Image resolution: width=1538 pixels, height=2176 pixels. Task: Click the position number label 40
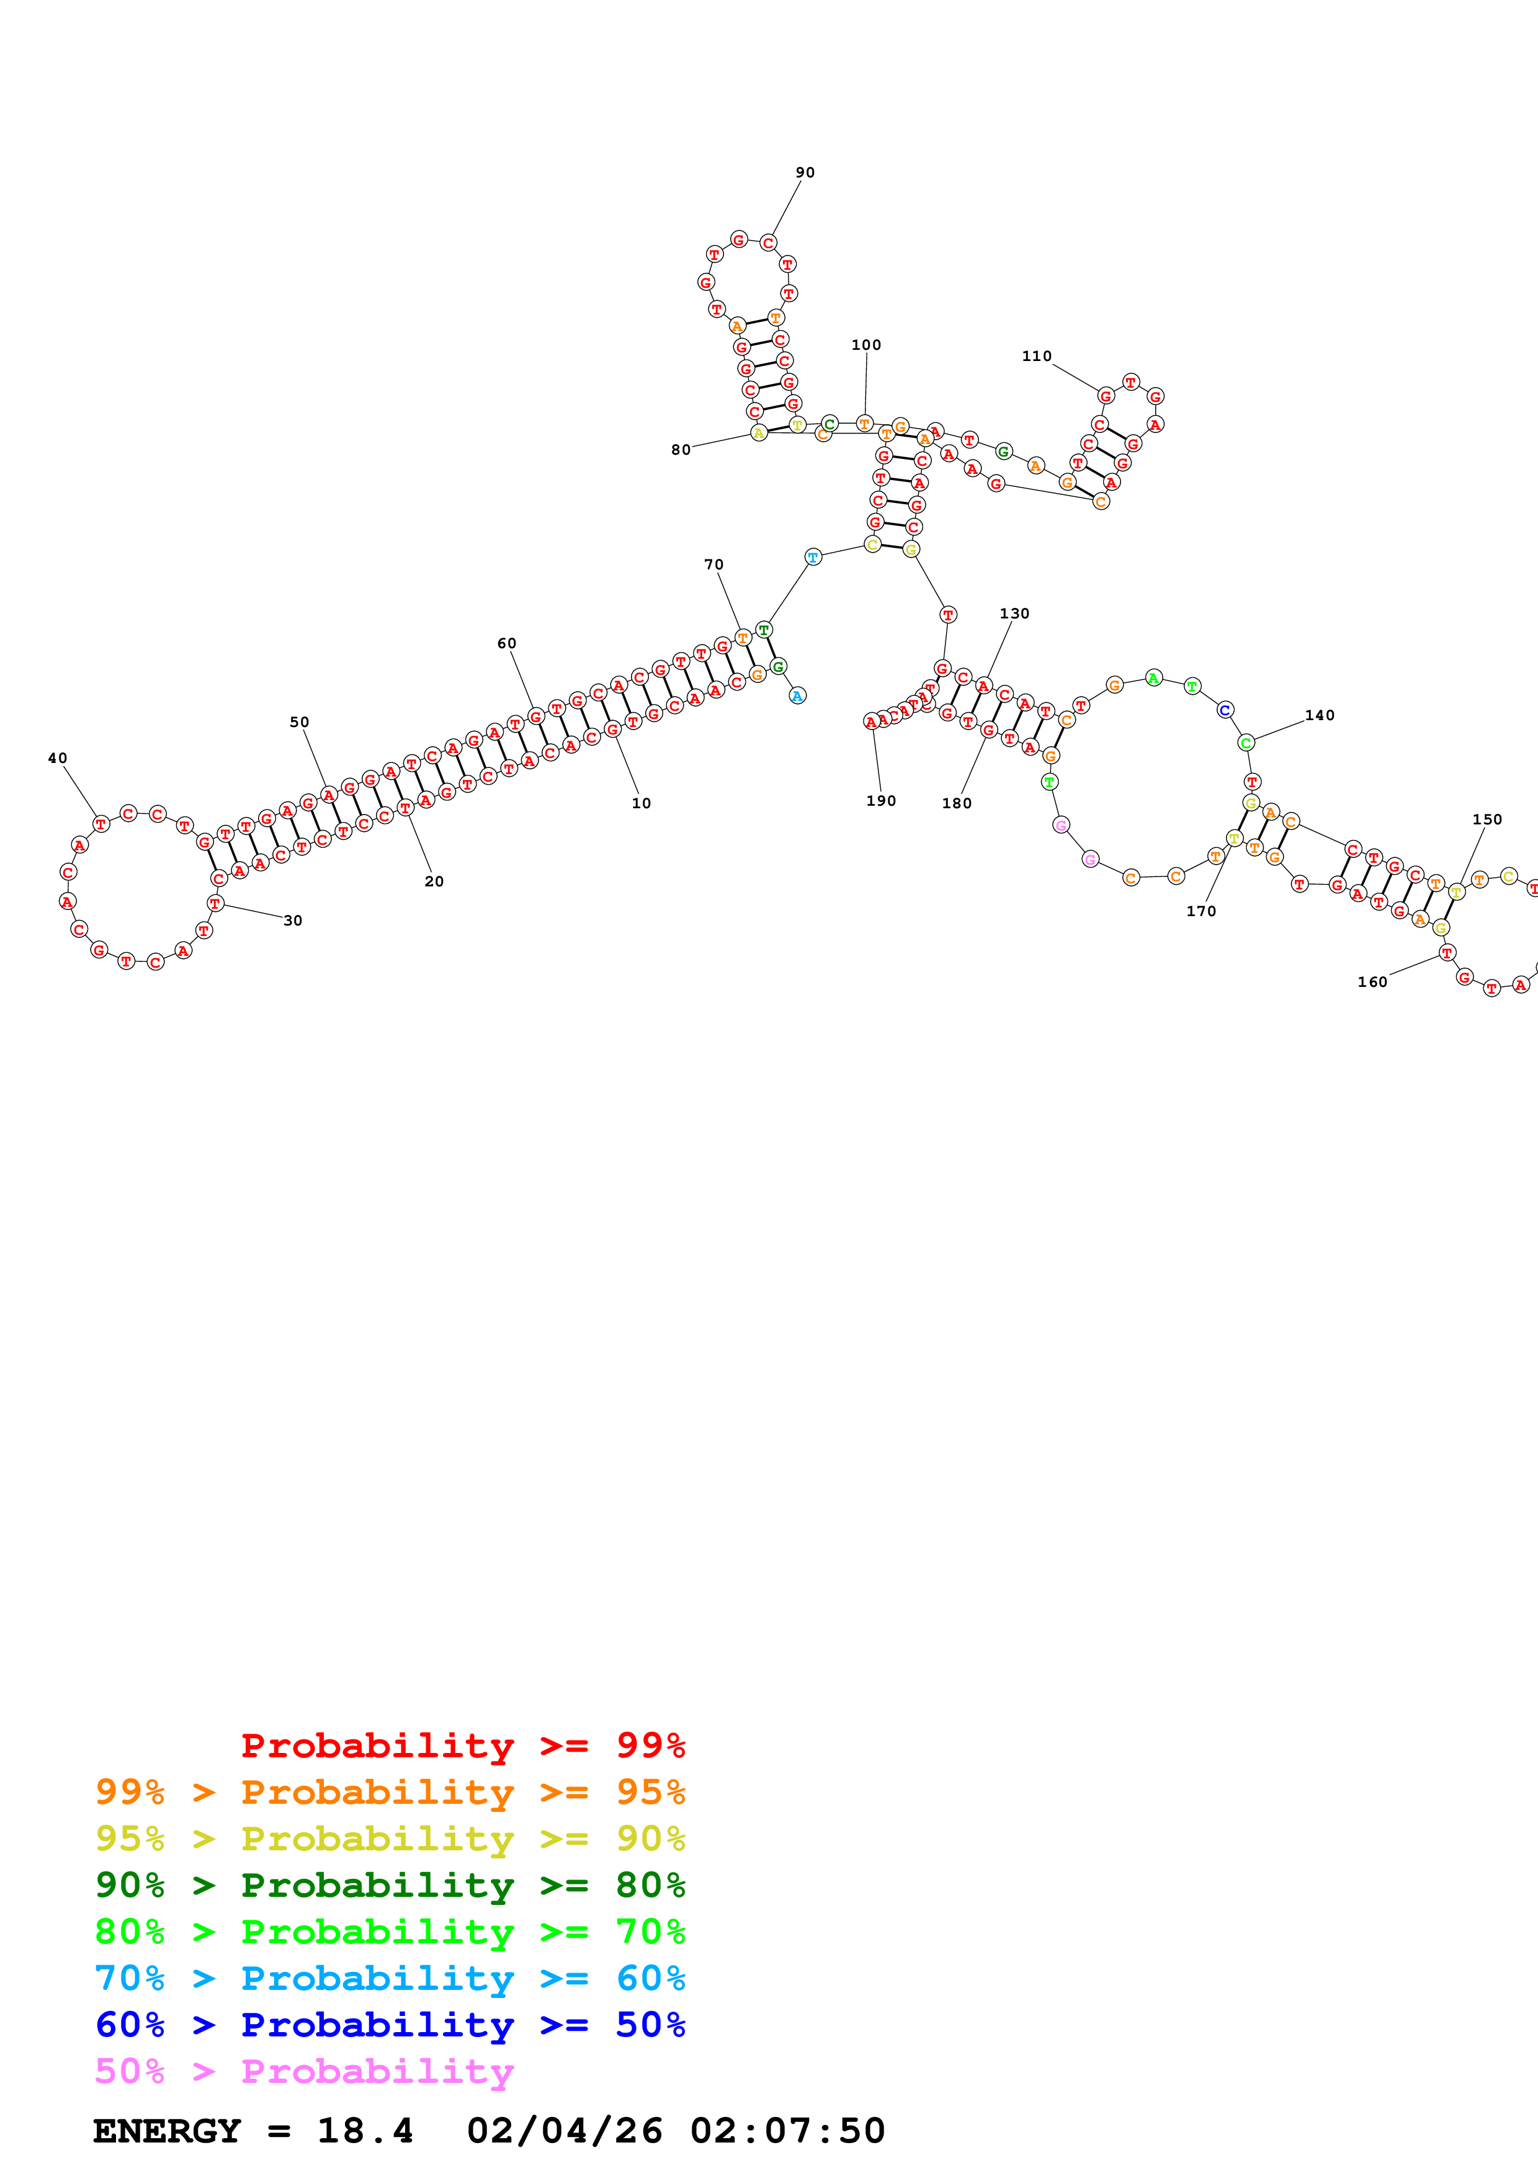point(58,758)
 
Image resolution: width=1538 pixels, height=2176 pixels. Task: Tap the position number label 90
point(805,172)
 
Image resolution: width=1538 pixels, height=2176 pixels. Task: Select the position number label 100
point(865,345)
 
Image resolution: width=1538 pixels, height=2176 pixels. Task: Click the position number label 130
point(1014,613)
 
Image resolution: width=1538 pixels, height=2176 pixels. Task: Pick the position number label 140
point(1319,716)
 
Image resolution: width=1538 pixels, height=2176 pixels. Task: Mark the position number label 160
point(1371,982)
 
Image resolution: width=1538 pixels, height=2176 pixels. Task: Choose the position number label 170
point(1200,911)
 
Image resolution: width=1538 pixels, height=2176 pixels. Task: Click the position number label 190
point(880,801)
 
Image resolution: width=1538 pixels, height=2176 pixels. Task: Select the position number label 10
point(642,804)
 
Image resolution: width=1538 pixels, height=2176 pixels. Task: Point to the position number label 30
point(293,921)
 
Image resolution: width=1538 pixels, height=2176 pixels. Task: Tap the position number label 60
point(507,643)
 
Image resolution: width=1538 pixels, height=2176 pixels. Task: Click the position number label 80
point(681,450)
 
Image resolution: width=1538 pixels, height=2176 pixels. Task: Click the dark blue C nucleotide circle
point(1224,709)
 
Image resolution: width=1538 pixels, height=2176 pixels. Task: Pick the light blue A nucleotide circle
point(797,695)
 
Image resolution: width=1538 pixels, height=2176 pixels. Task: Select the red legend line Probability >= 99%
point(462,1746)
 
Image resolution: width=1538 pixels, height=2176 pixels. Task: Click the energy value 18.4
point(365,2131)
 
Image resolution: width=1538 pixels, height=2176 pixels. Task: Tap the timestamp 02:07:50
point(787,2131)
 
